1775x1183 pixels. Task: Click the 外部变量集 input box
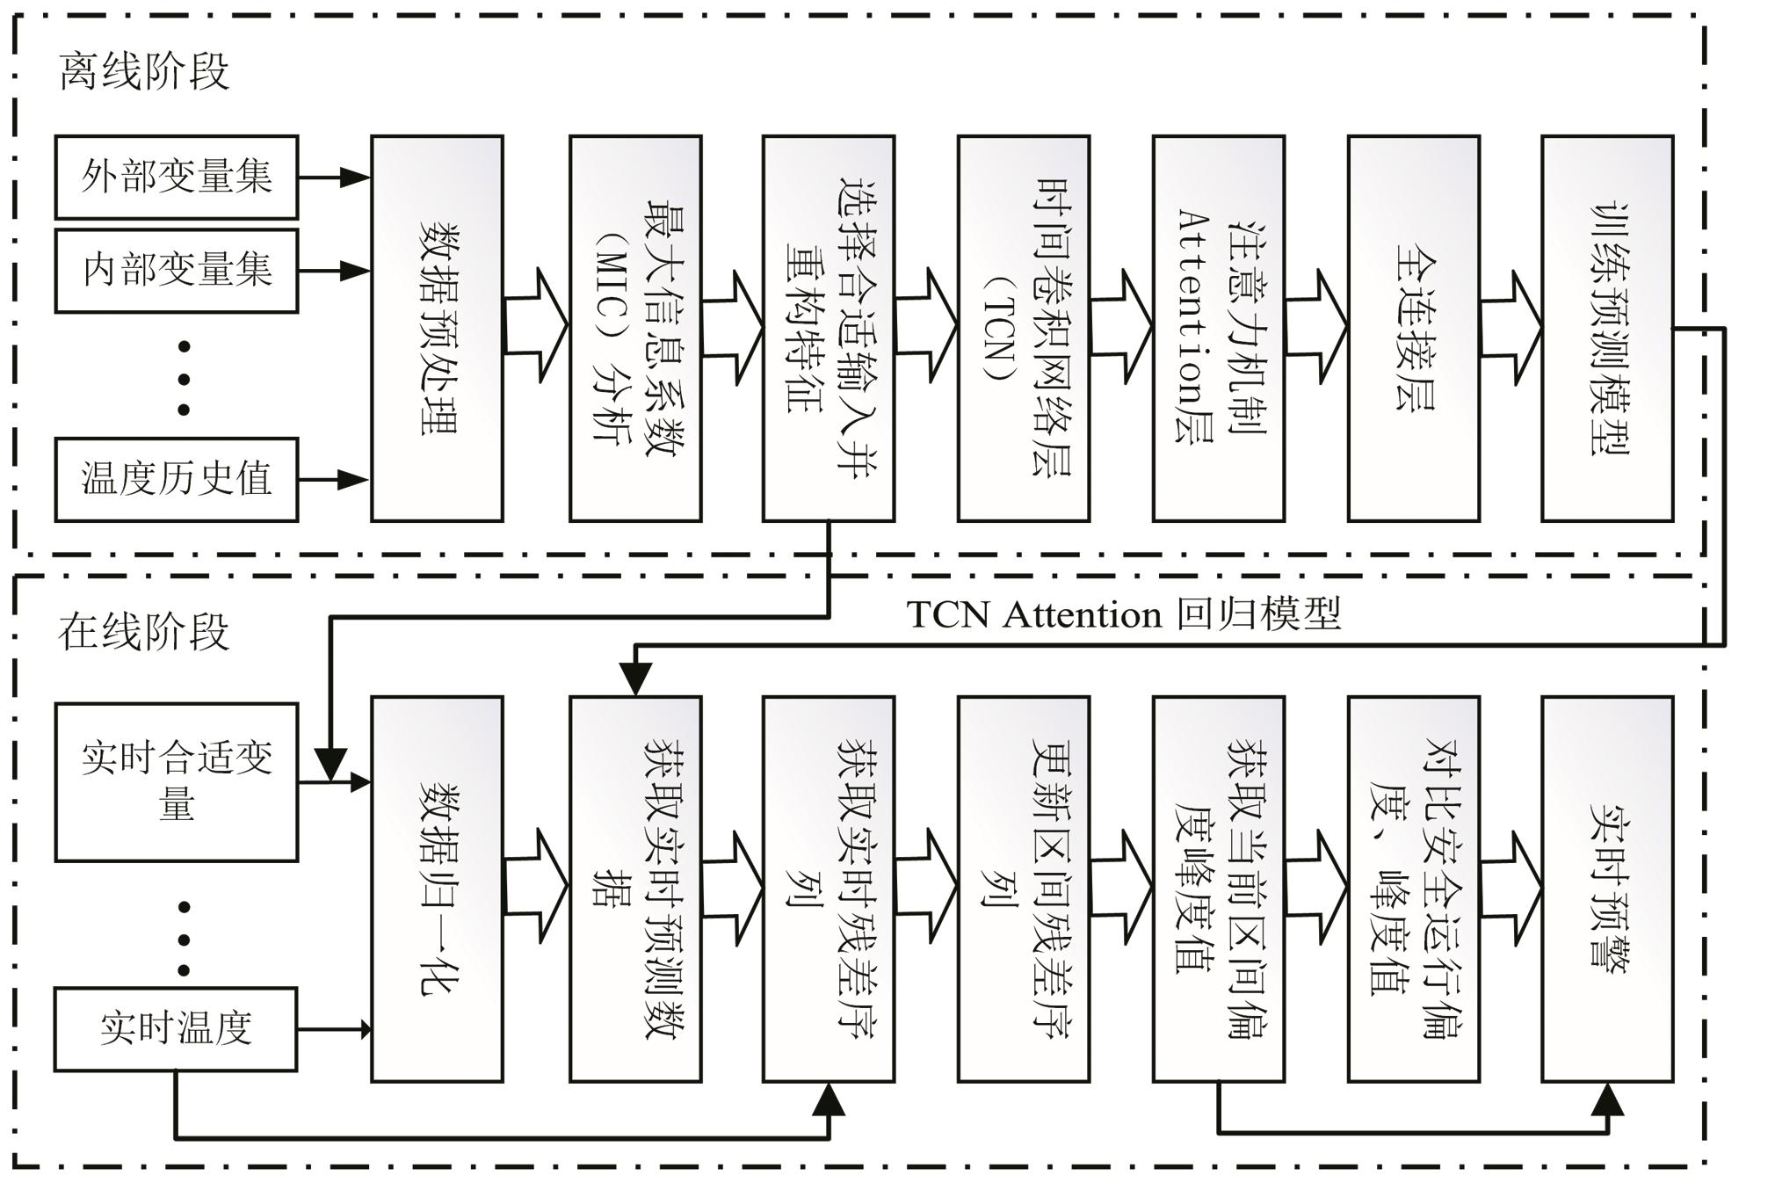(176, 177)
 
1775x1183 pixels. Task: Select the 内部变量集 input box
(176, 271)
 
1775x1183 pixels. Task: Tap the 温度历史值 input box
(176, 479)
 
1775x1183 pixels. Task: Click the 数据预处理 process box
(437, 328)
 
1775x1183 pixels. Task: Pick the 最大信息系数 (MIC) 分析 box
(634, 328)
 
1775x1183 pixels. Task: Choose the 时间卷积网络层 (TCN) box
(1023, 328)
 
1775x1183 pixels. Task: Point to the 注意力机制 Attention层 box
(1218, 328)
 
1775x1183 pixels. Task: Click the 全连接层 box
(1413, 328)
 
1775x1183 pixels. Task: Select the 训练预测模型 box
(1606, 328)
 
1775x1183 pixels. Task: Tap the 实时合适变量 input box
(176, 781)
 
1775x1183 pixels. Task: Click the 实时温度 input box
(176, 1028)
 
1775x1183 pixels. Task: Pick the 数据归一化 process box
(437, 889)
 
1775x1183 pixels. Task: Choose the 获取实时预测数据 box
(634, 889)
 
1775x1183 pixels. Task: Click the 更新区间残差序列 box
(1023, 889)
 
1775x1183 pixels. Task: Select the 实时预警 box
(1606, 889)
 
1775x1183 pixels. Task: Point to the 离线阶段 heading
(144, 71)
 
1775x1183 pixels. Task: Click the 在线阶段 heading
(144, 631)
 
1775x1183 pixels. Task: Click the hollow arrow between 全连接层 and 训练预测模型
(1511, 328)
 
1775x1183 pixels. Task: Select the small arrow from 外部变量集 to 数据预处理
(334, 177)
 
